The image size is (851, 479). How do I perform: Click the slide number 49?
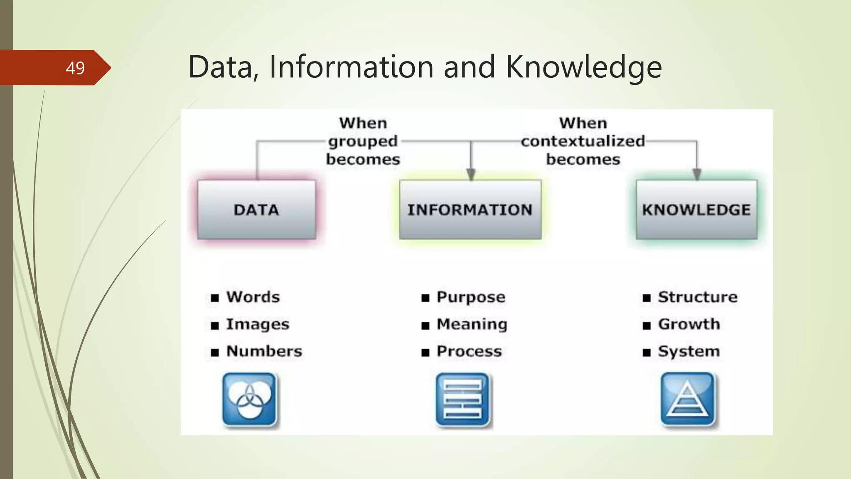point(75,68)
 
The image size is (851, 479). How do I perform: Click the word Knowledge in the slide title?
point(583,67)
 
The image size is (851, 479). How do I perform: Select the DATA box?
point(256,210)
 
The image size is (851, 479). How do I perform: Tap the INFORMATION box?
point(470,210)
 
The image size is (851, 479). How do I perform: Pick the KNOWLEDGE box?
point(696,210)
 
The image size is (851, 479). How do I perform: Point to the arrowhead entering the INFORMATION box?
point(470,174)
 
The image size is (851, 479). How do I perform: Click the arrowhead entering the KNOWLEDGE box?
point(697,174)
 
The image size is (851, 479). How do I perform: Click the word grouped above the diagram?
point(363,141)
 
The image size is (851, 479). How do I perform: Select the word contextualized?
point(583,141)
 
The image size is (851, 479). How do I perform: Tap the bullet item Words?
point(253,297)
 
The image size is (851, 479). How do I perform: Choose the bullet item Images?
point(257,324)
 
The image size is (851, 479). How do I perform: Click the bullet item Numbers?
point(264,351)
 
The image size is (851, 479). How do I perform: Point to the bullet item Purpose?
point(471,297)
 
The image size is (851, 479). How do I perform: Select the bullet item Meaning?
point(472,324)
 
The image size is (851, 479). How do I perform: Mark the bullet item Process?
point(469,351)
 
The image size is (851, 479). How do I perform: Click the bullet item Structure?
point(698,297)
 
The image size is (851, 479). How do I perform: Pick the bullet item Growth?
point(689,324)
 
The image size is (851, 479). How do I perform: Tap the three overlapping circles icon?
point(249,400)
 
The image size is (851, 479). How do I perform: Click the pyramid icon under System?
point(688,400)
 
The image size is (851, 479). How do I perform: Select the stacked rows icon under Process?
point(463,400)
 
